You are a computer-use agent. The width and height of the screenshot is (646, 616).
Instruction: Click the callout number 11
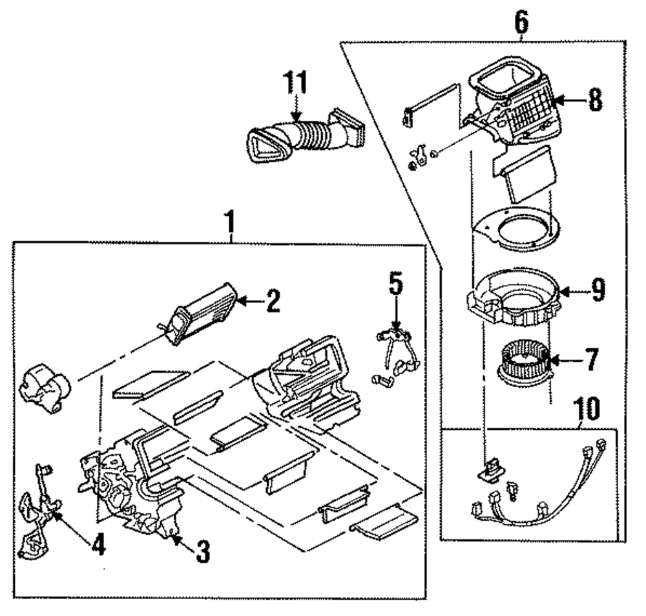(295, 82)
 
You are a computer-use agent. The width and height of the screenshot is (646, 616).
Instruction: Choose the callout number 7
(591, 359)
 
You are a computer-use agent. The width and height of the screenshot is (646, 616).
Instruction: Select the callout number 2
(273, 301)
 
